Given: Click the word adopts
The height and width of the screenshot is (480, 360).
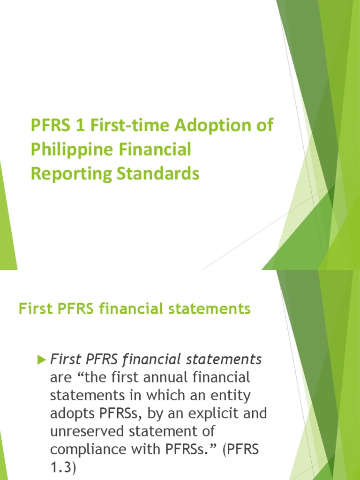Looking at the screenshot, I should point(72,413).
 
